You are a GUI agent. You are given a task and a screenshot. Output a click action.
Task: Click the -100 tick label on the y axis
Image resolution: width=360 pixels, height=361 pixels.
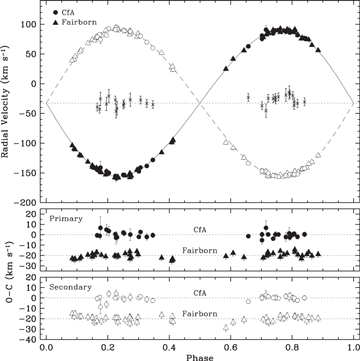(29, 144)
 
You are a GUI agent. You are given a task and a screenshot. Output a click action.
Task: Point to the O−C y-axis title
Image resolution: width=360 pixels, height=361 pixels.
(8, 270)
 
